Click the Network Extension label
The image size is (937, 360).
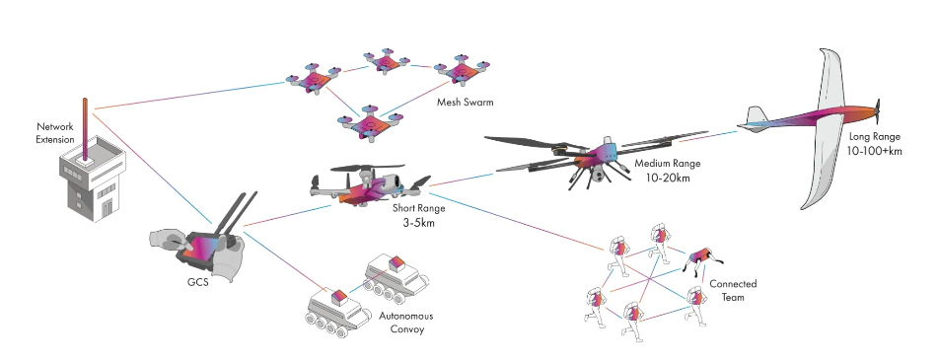click(55, 133)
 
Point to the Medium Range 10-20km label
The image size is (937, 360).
click(668, 169)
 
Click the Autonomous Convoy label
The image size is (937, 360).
click(406, 322)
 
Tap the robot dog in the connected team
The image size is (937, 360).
click(703, 256)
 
